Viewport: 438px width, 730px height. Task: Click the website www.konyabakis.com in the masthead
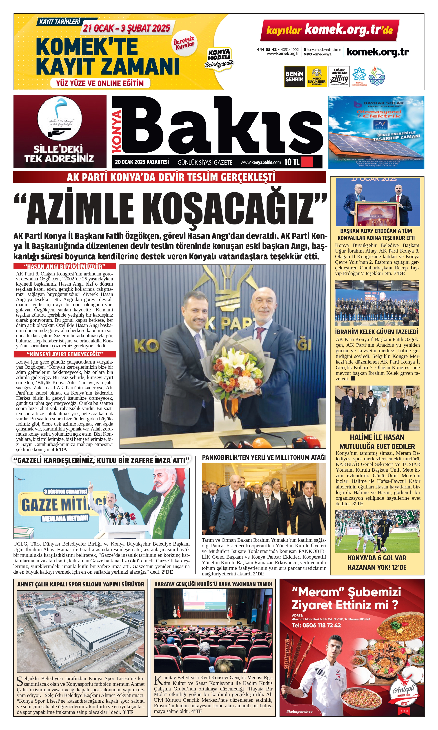261,162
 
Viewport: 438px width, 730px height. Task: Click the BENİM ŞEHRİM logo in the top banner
294,76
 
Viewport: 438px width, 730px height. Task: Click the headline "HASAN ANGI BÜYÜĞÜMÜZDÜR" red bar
65,267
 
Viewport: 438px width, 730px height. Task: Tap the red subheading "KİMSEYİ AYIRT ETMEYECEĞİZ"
65,354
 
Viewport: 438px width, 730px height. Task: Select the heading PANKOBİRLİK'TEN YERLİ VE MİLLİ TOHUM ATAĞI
264,457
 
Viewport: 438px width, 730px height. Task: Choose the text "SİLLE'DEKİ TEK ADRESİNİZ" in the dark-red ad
59,154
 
